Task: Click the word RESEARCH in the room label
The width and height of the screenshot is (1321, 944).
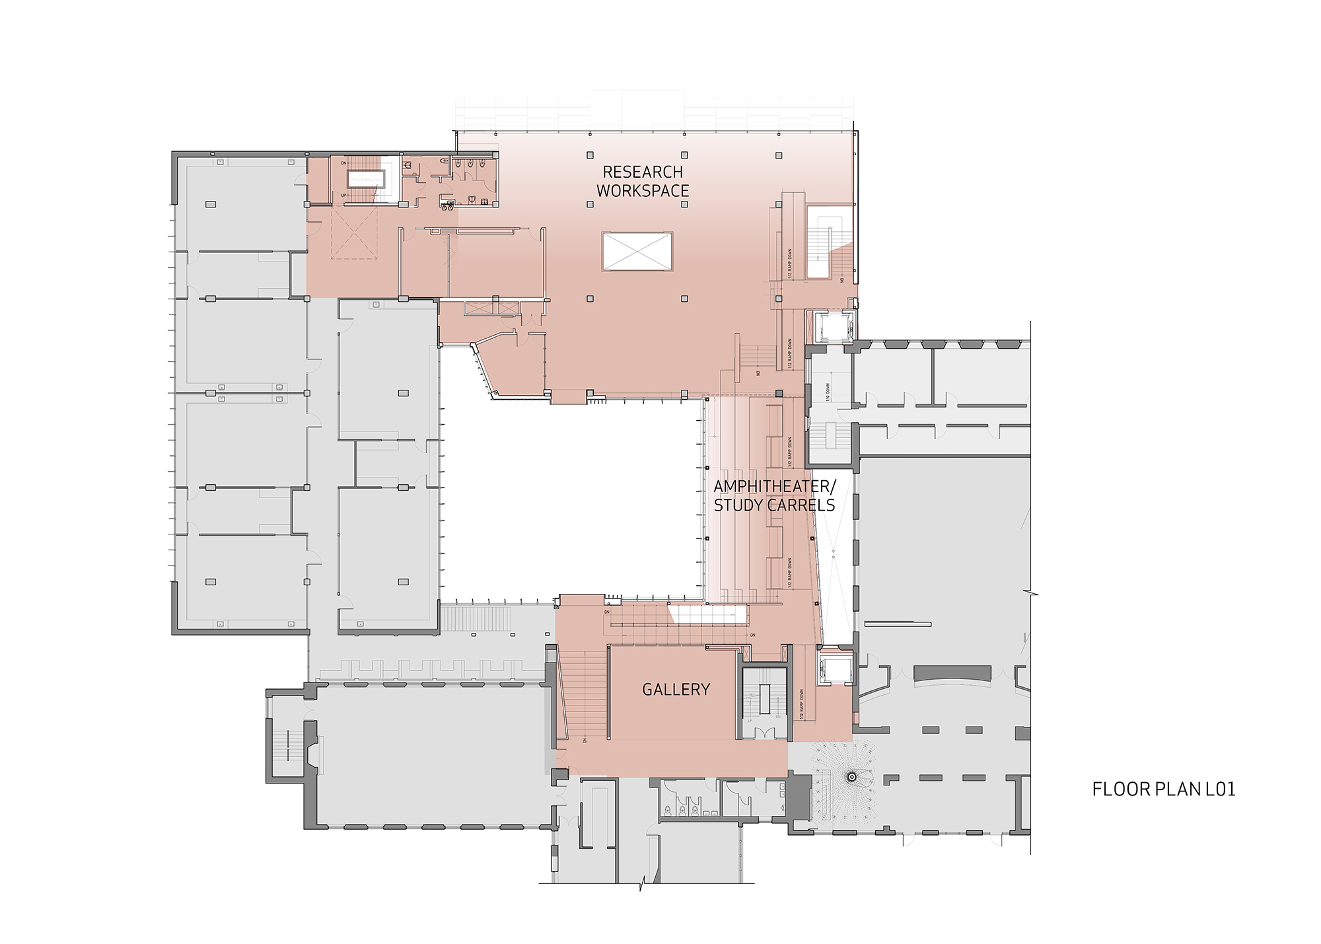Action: [642, 172]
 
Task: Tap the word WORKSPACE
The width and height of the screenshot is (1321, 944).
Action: [642, 191]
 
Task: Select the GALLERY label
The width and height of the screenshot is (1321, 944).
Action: [676, 690]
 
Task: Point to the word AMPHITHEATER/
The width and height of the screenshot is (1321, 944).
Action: [774, 486]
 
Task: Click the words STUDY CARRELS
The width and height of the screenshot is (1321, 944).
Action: [774, 505]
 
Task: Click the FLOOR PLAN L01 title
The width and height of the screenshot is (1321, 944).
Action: [1163, 789]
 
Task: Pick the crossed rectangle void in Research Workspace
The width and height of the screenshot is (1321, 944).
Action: [637, 251]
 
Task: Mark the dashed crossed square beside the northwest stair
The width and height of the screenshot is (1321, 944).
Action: [354, 233]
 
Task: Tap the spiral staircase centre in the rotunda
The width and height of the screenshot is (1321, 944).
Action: [852, 777]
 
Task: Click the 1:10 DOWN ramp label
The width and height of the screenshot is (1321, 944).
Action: [828, 392]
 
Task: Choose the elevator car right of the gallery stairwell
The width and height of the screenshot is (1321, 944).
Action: [833, 669]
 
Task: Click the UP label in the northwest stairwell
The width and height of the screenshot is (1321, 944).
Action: [343, 196]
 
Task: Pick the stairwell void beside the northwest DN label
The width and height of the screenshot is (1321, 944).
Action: [367, 178]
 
